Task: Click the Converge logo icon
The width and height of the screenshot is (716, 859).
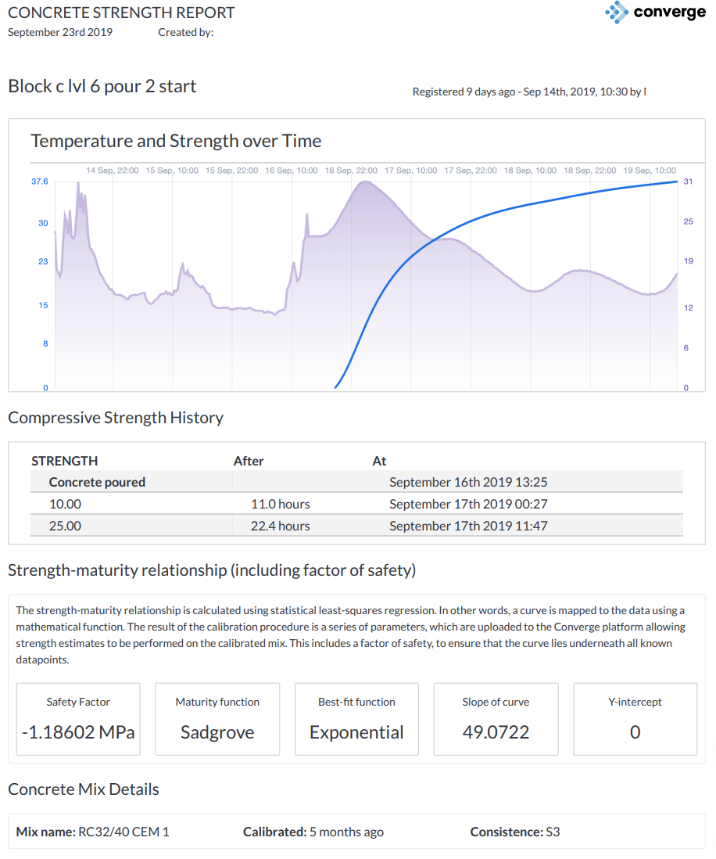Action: pyautogui.click(x=617, y=13)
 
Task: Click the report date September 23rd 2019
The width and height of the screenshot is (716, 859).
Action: pyautogui.click(x=60, y=32)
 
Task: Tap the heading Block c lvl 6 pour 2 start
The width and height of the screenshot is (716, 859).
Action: pyautogui.click(x=102, y=86)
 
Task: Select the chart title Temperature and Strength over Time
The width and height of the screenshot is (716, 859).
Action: pyautogui.click(x=176, y=141)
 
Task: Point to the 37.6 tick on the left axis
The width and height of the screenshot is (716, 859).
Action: pyautogui.click(x=39, y=182)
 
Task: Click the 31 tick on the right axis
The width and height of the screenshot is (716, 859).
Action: pyautogui.click(x=688, y=182)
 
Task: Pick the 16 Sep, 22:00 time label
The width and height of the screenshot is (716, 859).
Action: pyautogui.click(x=351, y=170)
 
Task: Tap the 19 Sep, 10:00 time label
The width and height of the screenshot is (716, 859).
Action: pyautogui.click(x=650, y=170)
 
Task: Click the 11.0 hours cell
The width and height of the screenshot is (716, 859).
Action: pyautogui.click(x=280, y=504)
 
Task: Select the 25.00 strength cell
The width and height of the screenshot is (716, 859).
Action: pyautogui.click(x=65, y=526)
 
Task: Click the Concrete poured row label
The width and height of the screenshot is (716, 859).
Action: pyautogui.click(x=97, y=482)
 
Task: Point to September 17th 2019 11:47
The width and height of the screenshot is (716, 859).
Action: pyautogui.click(x=468, y=526)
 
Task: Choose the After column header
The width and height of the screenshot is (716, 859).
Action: pyautogui.click(x=249, y=461)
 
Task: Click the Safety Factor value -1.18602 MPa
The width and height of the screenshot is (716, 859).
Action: pyautogui.click(x=78, y=732)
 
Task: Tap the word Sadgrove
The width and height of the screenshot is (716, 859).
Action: pyautogui.click(x=217, y=732)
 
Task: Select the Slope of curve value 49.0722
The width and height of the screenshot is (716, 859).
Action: pyautogui.click(x=496, y=732)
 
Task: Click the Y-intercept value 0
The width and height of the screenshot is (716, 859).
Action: pyautogui.click(x=635, y=732)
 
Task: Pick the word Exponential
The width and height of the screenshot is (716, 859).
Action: pyautogui.click(x=356, y=732)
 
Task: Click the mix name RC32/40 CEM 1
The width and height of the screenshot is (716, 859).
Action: pyautogui.click(x=124, y=832)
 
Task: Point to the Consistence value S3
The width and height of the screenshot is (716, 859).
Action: pyautogui.click(x=552, y=832)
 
